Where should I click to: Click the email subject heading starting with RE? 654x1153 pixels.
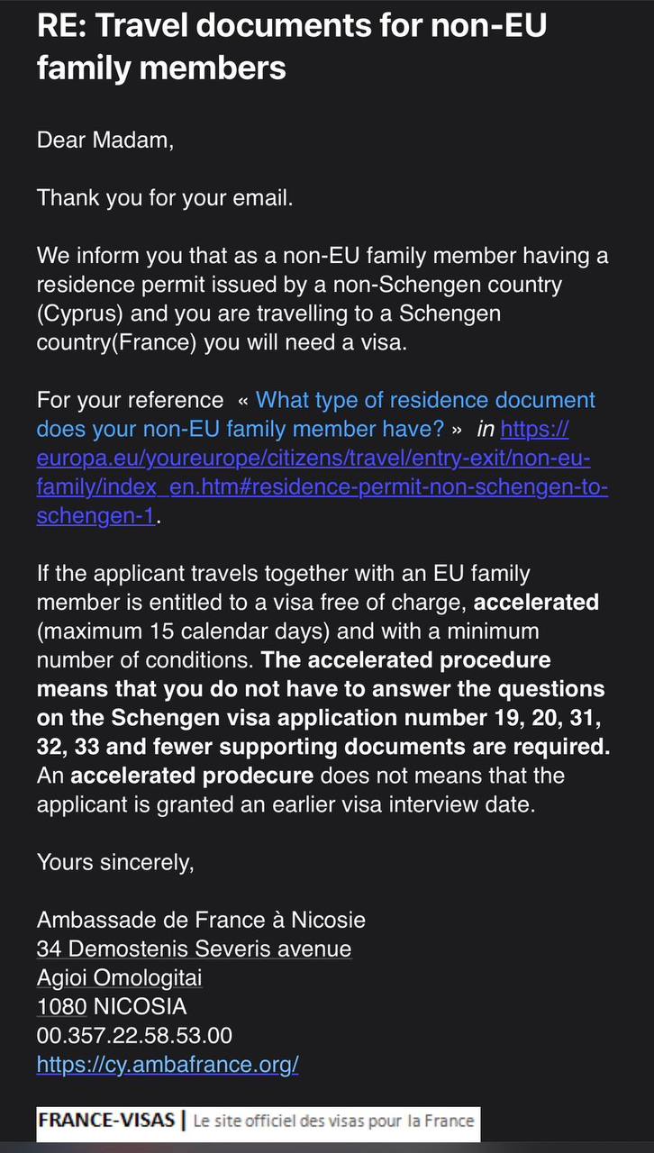click(x=291, y=45)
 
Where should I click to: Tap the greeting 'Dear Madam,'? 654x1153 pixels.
click(x=104, y=140)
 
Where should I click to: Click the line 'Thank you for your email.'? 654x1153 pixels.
click(x=165, y=198)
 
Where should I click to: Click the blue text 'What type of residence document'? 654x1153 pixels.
click(x=425, y=400)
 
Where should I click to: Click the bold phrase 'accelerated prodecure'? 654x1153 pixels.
click(x=192, y=776)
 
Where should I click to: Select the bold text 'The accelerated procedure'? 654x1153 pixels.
click(x=405, y=660)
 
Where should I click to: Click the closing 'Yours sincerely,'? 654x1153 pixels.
click(x=115, y=862)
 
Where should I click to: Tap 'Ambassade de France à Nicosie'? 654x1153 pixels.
click(x=201, y=920)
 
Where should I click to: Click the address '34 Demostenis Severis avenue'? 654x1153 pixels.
click(x=194, y=949)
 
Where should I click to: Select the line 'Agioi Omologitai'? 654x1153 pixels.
click(x=120, y=977)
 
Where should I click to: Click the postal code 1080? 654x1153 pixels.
click(x=61, y=1006)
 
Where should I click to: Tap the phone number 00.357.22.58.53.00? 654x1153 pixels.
click(x=134, y=1035)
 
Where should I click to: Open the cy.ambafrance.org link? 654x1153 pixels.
click(x=168, y=1064)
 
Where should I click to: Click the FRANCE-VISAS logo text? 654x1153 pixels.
click(x=106, y=1121)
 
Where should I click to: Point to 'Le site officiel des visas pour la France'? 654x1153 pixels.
click(x=333, y=1121)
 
